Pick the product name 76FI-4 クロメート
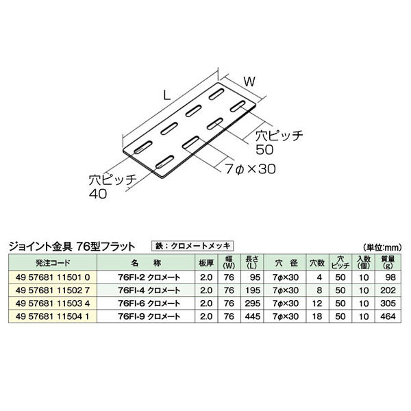coord(150,290)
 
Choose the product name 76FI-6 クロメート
coord(150,302)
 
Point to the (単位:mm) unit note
coord(383,247)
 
